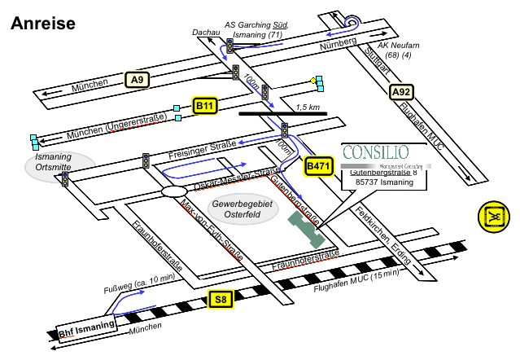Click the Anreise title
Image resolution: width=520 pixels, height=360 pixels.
[43, 23]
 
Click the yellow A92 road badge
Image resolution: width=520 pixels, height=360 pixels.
[401, 92]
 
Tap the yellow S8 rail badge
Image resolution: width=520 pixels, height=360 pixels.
[221, 300]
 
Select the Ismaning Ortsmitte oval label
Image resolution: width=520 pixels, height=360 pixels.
[55, 160]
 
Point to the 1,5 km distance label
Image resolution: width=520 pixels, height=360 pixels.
[308, 107]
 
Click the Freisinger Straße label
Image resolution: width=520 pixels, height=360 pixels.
[200, 149]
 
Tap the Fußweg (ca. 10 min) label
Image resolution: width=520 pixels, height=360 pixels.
[139, 283]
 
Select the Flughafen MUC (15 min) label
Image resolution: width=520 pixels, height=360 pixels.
[356, 282]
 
